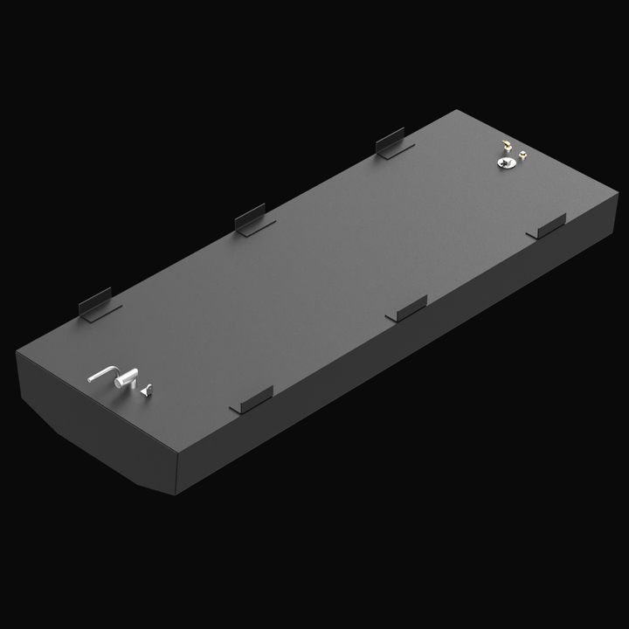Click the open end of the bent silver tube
click(92, 380)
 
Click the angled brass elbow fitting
click(506, 144)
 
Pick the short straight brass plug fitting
click(522, 156)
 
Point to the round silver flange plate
click(503, 162)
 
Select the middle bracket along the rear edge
click(252, 219)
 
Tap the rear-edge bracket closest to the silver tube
click(97, 304)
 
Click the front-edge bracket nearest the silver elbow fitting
click(252, 400)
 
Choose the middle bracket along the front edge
click(406, 307)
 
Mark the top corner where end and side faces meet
click(176, 454)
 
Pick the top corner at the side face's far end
click(618, 194)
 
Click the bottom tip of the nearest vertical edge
click(177, 494)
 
